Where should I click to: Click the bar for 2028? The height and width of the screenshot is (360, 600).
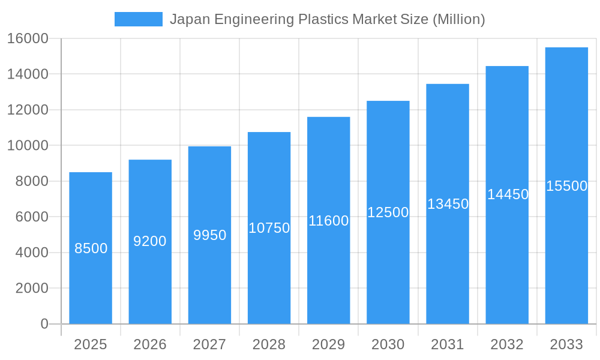tap(269, 270)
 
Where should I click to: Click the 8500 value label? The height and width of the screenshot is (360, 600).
tap(91, 248)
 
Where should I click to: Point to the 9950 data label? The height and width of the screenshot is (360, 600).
tap(209, 235)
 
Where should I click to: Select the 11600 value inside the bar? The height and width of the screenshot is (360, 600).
tap(328, 221)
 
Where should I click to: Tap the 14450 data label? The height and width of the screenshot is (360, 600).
tap(508, 194)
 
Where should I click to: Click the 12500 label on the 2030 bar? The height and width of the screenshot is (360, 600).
tap(388, 212)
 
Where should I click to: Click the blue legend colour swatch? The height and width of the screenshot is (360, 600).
tap(139, 19)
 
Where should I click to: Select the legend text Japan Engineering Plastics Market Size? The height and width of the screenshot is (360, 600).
tap(327, 19)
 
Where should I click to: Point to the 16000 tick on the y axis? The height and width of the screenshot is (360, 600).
tap(28, 38)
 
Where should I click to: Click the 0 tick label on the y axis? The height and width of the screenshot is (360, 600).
tap(44, 324)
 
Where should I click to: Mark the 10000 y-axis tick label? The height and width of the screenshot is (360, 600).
tap(28, 146)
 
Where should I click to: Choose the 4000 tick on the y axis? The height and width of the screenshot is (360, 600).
tap(31, 253)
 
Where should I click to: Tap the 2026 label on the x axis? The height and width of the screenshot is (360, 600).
tap(150, 344)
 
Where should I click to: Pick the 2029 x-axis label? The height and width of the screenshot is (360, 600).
tap(328, 344)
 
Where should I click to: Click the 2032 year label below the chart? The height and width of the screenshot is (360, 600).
tap(507, 344)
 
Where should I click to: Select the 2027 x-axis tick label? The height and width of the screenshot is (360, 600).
tap(209, 344)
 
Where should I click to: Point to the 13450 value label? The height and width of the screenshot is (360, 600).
tap(448, 204)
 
